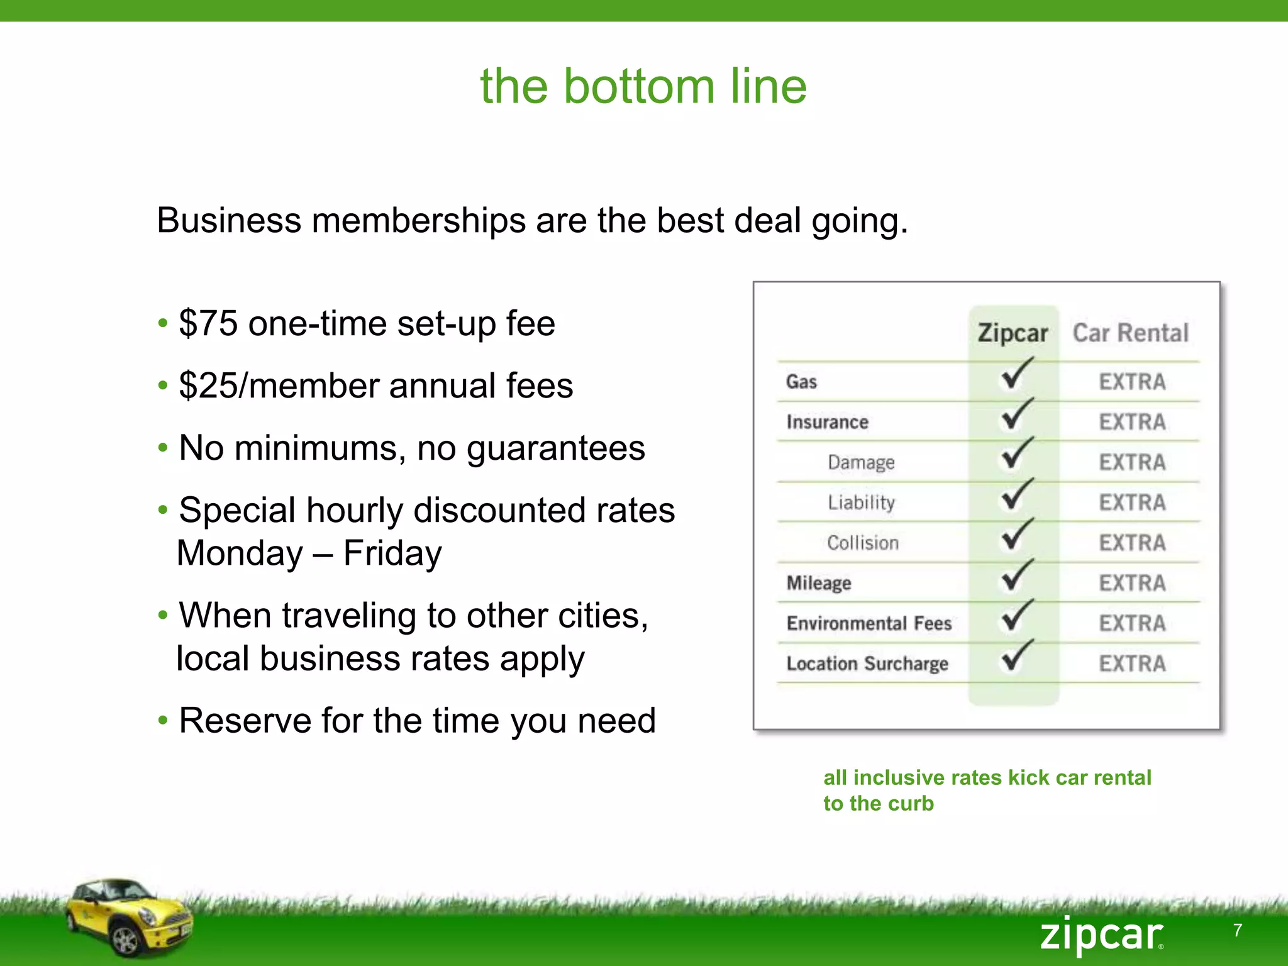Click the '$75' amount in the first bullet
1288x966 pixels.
208,323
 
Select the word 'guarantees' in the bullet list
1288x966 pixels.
555,448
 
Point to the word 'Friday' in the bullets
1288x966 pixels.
392,553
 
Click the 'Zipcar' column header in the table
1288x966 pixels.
1013,333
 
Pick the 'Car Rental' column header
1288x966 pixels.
1130,333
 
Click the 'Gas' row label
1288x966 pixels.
801,382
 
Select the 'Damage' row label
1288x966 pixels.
861,462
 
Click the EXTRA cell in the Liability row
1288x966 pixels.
1132,502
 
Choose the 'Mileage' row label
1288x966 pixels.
819,583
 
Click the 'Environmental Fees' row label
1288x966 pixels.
869,623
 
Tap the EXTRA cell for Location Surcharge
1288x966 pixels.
1132,663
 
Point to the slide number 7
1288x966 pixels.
1238,930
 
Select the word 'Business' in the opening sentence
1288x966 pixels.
229,221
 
